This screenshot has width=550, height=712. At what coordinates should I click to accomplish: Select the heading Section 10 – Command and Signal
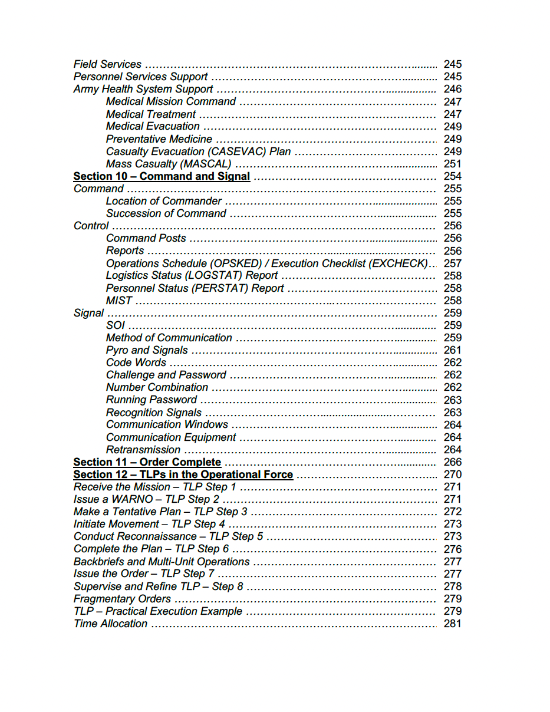click(162, 176)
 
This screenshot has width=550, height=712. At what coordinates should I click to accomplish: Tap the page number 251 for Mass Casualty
click(452, 164)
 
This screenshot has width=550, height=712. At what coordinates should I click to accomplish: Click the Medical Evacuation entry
click(153, 126)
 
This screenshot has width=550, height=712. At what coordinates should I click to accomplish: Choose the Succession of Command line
click(166, 213)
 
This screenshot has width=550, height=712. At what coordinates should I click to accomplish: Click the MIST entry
click(119, 301)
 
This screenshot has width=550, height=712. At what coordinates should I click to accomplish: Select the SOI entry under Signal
click(116, 325)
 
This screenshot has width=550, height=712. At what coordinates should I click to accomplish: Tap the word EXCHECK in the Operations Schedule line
click(398, 263)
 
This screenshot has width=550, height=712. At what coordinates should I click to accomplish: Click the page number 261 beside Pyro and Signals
click(452, 350)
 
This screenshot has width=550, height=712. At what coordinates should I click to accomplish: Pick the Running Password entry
click(152, 400)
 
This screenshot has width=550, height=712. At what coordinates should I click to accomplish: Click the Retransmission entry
click(143, 450)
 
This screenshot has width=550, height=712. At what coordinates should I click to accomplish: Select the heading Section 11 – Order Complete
click(147, 462)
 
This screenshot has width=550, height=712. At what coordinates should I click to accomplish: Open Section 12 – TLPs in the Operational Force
click(183, 474)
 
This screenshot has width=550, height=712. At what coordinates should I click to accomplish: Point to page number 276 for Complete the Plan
click(452, 549)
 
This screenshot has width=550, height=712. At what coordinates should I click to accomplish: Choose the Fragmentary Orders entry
click(122, 599)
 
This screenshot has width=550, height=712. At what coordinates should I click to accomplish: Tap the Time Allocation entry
click(110, 624)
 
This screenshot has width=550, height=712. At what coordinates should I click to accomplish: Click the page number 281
click(452, 624)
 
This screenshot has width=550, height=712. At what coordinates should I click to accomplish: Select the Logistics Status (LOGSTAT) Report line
click(192, 276)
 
